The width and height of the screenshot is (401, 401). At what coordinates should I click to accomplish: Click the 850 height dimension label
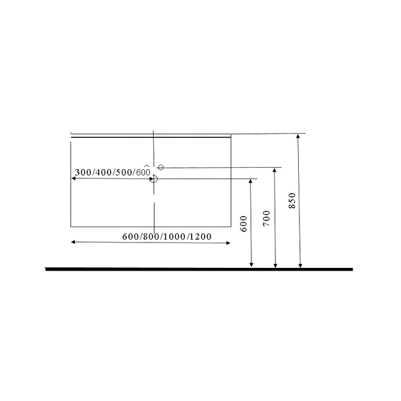point(292,200)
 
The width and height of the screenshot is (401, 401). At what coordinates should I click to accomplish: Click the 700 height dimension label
point(267,219)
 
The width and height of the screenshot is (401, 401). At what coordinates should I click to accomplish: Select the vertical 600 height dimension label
point(244,224)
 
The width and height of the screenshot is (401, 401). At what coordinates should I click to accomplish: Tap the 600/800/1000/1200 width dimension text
point(166,237)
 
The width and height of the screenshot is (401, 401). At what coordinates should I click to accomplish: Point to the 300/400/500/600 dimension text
point(112,172)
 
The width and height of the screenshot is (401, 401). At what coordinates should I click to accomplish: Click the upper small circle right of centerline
point(160,167)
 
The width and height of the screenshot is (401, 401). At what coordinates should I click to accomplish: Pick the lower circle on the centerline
point(154,178)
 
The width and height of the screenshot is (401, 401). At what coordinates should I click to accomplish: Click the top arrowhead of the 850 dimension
point(298,136)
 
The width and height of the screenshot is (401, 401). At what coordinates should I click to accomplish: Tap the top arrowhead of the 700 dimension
point(275,170)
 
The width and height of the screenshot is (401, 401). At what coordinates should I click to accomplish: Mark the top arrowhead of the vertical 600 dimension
point(251,181)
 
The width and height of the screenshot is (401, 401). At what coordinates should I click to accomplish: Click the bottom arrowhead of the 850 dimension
point(301,266)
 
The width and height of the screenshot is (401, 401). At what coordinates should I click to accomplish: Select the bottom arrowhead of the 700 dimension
point(275,266)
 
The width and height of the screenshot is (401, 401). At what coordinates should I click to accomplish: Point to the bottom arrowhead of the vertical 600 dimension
point(251,265)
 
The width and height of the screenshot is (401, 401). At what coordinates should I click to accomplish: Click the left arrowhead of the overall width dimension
point(73,242)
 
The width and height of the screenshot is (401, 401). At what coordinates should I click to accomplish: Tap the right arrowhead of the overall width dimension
point(229,243)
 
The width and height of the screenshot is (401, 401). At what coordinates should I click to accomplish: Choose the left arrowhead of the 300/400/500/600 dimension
point(73,178)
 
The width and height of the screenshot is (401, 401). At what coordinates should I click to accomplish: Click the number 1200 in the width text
point(200,237)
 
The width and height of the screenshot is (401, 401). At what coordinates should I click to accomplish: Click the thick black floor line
point(199,269)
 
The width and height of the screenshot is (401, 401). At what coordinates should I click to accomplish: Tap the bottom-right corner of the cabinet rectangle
point(231,227)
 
